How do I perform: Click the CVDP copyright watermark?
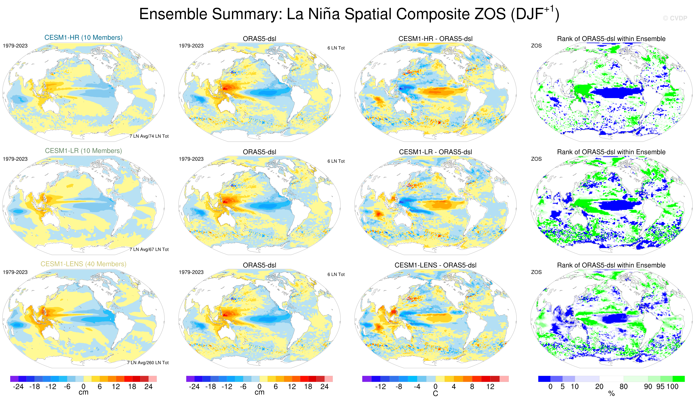point(675,18)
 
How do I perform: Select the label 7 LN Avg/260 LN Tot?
point(148,363)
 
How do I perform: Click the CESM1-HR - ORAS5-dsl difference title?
point(435,39)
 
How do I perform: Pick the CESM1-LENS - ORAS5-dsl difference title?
point(435,265)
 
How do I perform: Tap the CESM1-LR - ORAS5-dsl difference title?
point(435,152)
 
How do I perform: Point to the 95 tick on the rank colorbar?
point(660,387)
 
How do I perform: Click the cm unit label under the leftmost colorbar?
point(83,392)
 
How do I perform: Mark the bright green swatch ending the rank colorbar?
point(678,379)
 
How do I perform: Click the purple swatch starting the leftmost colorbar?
point(14,379)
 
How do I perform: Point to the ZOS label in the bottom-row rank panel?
point(536,272)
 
